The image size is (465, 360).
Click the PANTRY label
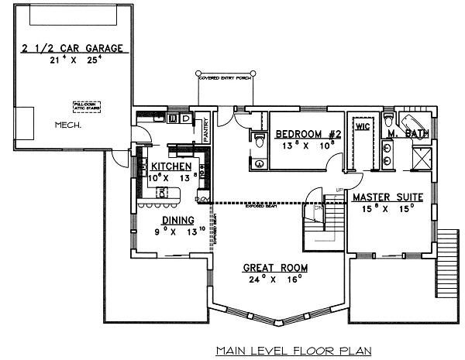(x=205, y=128)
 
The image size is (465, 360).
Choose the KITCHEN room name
(x=171, y=166)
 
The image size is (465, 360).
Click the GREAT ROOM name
(x=275, y=268)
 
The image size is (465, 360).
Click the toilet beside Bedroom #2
(x=258, y=139)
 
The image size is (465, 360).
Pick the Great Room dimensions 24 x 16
(x=275, y=280)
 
